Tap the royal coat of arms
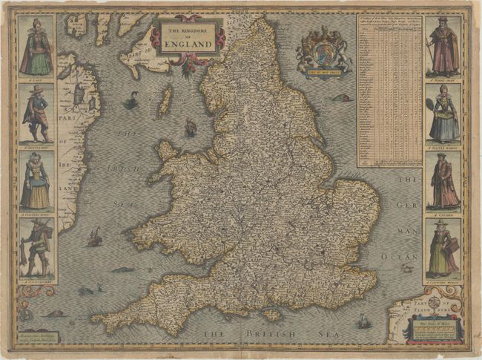[x=323, y=51]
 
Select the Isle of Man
[x=165, y=100]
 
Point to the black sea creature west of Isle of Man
[x=131, y=100]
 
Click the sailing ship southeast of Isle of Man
[x=191, y=128]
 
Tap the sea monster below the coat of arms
[x=341, y=98]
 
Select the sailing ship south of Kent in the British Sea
[x=363, y=321]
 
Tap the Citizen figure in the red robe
[x=443, y=182]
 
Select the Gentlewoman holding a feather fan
[x=443, y=115]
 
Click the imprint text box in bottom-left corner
[x=39, y=338]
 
